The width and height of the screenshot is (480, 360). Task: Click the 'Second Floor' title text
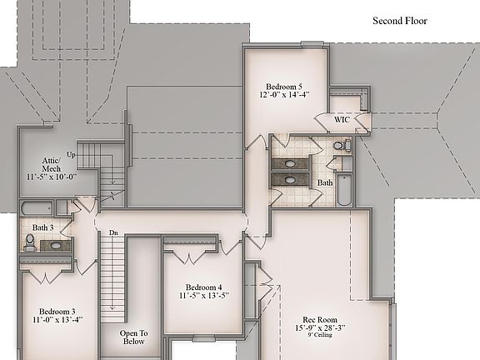[x=399, y=21]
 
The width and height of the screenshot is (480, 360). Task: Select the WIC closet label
[x=342, y=120]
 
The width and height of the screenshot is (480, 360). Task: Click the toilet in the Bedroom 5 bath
[x=340, y=147]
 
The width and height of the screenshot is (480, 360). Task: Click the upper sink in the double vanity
[x=289, y=162]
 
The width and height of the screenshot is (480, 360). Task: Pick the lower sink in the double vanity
[x=289, y=179]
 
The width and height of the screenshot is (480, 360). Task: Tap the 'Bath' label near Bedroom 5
[x=324, y=182]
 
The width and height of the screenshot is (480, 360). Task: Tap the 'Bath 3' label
[x=44, y=227]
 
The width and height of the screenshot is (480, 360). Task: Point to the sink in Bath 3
[x=56, y=246]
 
